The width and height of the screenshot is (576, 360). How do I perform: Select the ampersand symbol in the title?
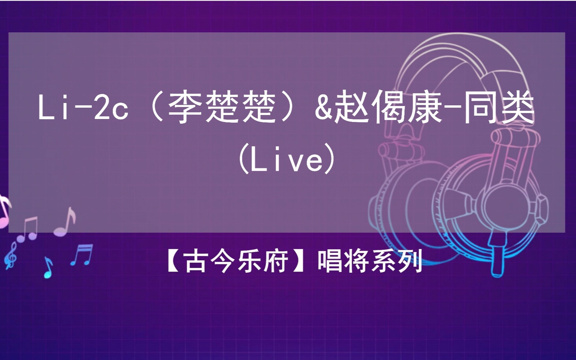click(x=323, y=107)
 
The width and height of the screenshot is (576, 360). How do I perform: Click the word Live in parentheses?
click(x=287, y=161)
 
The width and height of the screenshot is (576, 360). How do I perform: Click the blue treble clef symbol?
click(x=11, y=255)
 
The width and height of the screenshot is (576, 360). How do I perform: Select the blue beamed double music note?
click(x=82, y=255)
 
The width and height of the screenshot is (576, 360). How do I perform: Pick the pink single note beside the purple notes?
click(x=66, y=222)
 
